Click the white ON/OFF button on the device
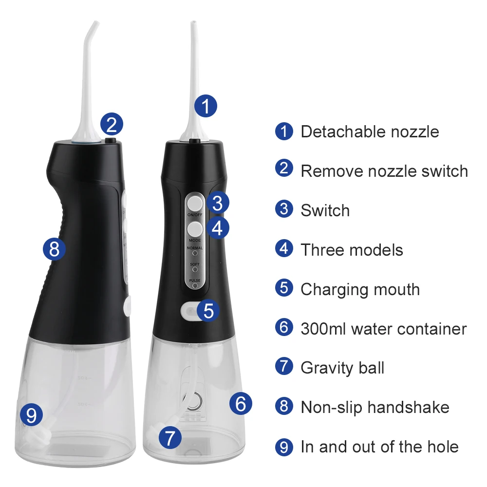click(195, 202)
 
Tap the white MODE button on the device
click(195, 228)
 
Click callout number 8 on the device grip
click(54, 249)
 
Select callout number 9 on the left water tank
click(31, 415)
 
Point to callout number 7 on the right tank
click(169, 438)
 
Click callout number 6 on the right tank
click(241, 403)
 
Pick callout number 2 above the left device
click(112, 125)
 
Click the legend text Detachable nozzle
click(370, 131)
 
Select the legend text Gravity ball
click(342, 368)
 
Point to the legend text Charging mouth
click(360, 289)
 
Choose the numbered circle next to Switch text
click(284, 210)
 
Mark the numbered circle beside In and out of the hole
click(284, 447)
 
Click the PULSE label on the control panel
click(195, 281)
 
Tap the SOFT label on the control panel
click(195, 264)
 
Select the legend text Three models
click(352, 250)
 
